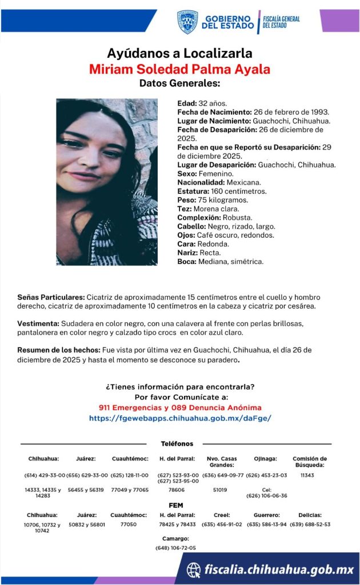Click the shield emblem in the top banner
click(x=187, y=22)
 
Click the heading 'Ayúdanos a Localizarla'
click(x=179, y=54)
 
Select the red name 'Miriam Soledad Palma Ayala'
click(x=179, y=69)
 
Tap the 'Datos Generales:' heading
click(x=179, y=83)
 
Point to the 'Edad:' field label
click(x=187, y=103)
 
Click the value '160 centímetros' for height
click(x=230, y=191)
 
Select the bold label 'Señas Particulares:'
click(x=51, y=298)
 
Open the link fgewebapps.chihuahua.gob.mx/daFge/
click(x=179, y=418)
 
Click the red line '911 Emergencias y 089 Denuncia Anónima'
click(x=179, y=407)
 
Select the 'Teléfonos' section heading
click(x=177, y=444)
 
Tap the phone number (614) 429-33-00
click(x=45, y=475)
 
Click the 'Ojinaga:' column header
click(x=266, y=459)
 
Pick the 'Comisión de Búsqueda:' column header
click(x=310, y=462)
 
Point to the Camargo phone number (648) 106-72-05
click(x=175, y=548)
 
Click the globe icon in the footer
click(x=194, y=570)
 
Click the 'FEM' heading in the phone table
click(x=176, y=506)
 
